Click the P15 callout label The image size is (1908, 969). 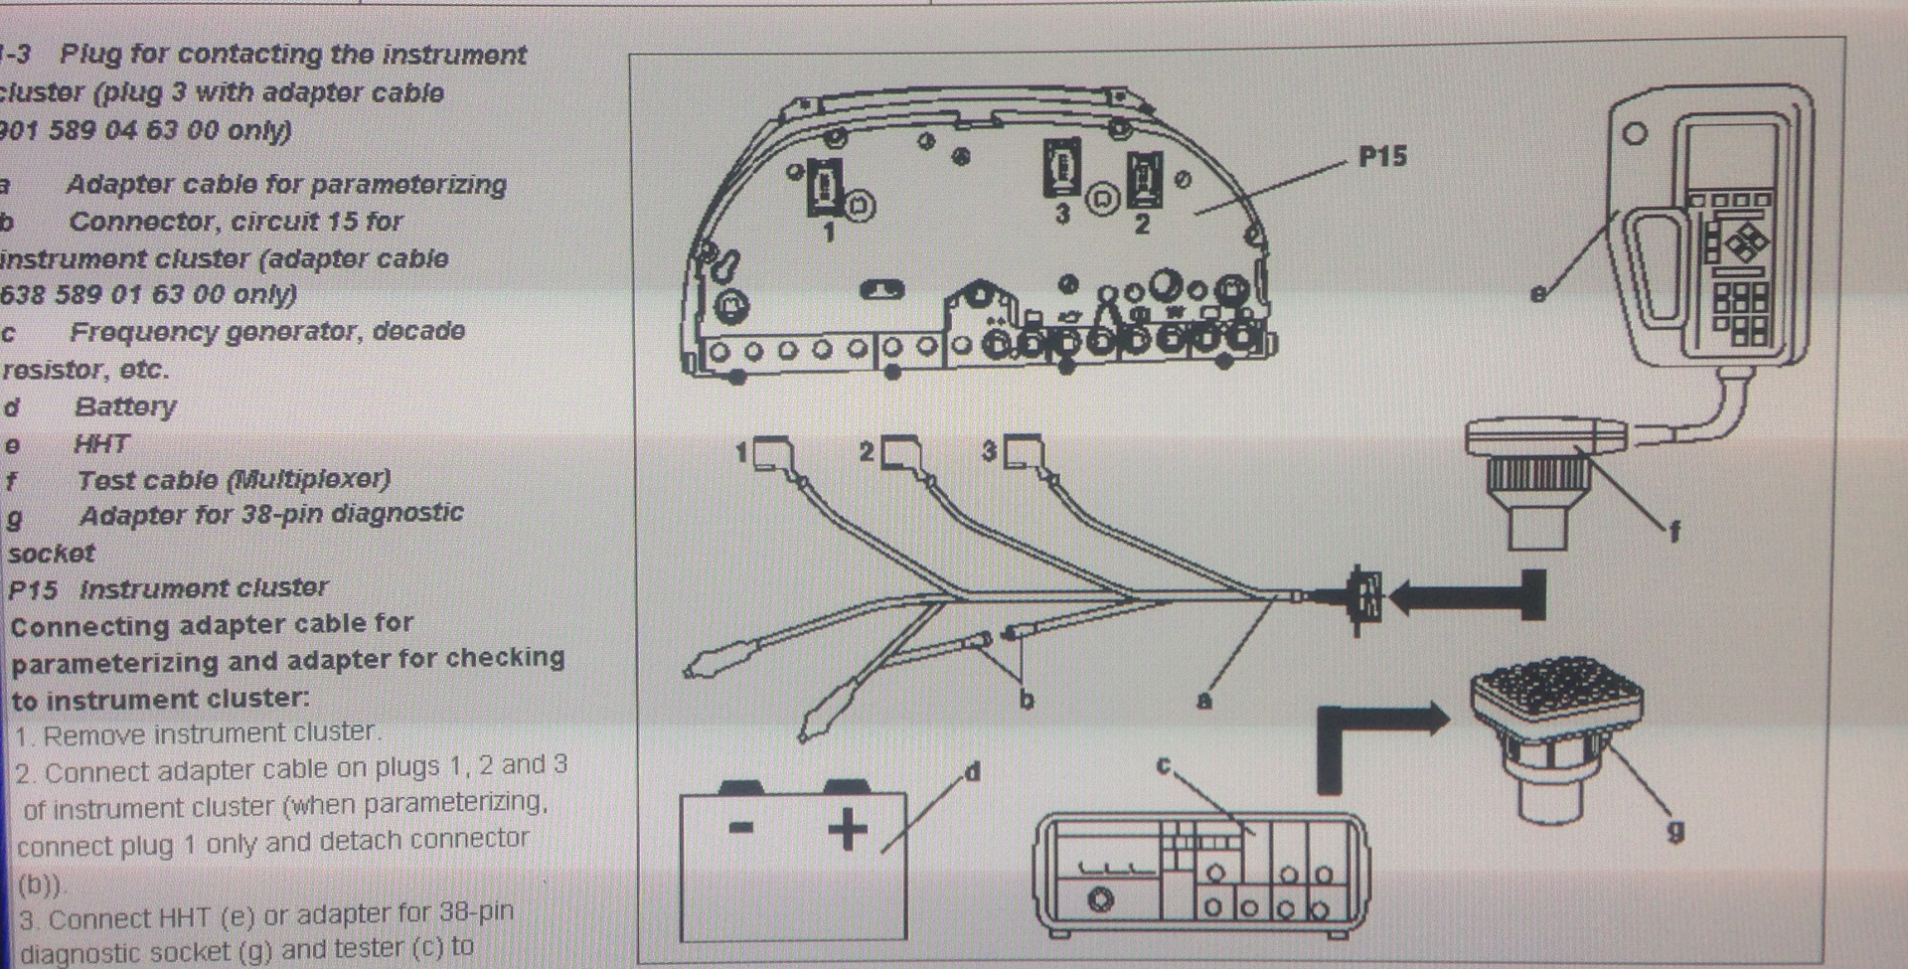pos(1382,157)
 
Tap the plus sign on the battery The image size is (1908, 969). pos(847,829)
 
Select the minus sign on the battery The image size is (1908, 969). pos(740,827)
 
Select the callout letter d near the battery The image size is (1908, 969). pos(972,771)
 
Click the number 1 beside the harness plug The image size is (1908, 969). pos(741,453)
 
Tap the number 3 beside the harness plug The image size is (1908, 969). pos(989,450)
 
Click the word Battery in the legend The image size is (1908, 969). pos(125,406)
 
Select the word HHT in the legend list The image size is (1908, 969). pos(101,443)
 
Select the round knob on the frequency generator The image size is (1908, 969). pos(1100,900)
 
